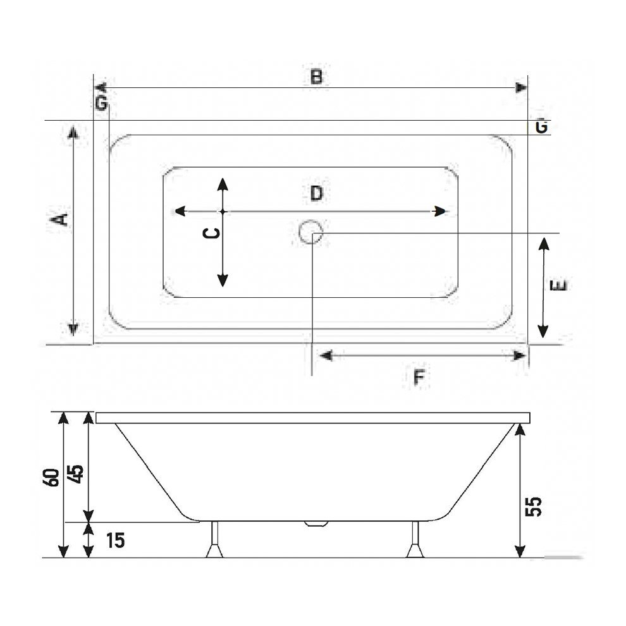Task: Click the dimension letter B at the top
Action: point(316,77)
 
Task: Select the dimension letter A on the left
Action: point(59,219)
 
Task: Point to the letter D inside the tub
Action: point(316,193)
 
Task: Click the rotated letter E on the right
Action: point(559,285)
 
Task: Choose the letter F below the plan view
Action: point(418,377)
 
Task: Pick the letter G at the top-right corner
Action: point(541,126)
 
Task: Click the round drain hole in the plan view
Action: point(310,232)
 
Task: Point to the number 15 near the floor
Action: point(114,540)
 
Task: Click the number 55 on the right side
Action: point(534,506)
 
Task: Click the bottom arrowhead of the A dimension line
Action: point(73,328)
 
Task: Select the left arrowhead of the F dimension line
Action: point(325,355)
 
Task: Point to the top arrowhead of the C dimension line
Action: point(222,184)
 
